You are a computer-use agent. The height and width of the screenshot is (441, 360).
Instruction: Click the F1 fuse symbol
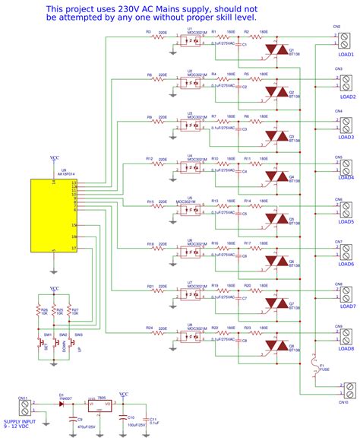pyautogui.click(x=314, y=373)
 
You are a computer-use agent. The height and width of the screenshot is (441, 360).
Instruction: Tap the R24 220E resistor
pyautogui.click(x=160, y=335)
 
